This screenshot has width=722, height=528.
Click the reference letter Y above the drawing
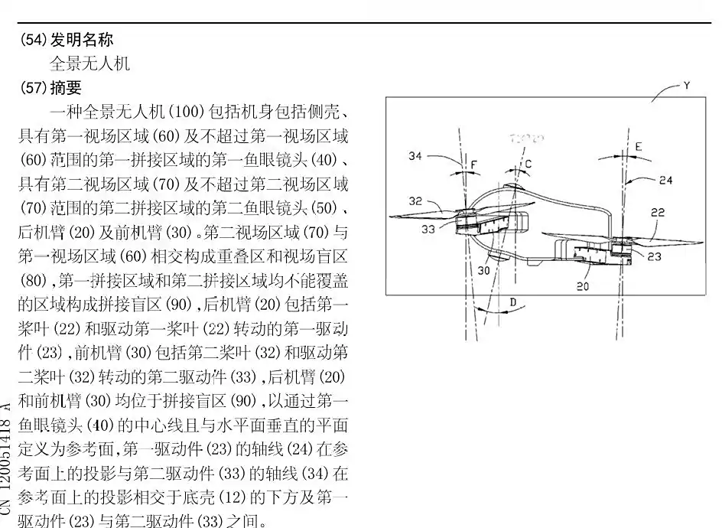click(686, 86)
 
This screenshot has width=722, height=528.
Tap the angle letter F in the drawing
click(474, 165)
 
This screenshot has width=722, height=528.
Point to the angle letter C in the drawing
click(528, 164)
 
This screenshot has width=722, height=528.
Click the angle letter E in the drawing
click(639, 146)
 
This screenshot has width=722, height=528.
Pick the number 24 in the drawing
click(666, 181)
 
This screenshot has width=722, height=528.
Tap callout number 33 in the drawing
click(428, 227)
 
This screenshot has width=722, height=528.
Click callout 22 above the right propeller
click(658, 213)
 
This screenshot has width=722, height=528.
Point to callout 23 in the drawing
click(654, 257)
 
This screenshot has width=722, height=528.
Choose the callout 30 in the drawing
click(484, 270)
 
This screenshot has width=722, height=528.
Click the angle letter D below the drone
click(513, 303)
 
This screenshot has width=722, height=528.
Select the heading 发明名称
click(82, 39)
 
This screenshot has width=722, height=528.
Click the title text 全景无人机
click(89, 64)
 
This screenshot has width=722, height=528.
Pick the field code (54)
click(33, 39)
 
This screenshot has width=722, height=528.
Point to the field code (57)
click(33, 88)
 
